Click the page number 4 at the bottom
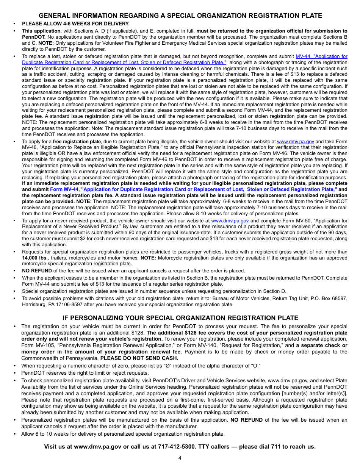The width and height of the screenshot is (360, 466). pyautogui.click(x=180, y=458)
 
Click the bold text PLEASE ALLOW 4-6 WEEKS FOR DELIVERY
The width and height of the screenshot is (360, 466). pyautogui.click(x=75, y=23)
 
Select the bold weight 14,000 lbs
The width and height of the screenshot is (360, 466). pyautogui.click(x=34, y=258)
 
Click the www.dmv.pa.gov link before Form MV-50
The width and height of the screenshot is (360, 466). pyautogui.click(x=230, y=220)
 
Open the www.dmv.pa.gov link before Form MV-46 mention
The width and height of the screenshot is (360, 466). pyautogui.click(x=295, y=141)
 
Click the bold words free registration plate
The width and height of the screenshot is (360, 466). pyautogui.click(x=77, y=141)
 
